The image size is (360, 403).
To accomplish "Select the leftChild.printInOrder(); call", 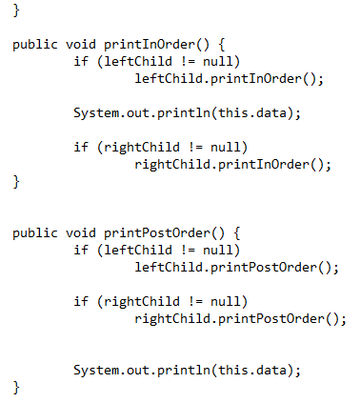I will pos(229,79).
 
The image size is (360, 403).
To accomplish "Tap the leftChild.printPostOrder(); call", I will pos(236,267).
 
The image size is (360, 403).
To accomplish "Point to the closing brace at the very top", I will pos(16,9).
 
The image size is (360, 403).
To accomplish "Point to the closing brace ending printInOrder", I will pos(16,181).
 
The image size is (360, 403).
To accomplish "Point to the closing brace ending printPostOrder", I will pos(16,387).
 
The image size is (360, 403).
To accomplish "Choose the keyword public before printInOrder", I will pos(35,45).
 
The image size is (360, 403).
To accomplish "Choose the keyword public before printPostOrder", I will pos(35,232).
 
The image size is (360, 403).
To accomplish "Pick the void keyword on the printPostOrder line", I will pos(81,232).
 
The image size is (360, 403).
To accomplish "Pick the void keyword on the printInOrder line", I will pos(81,45).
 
